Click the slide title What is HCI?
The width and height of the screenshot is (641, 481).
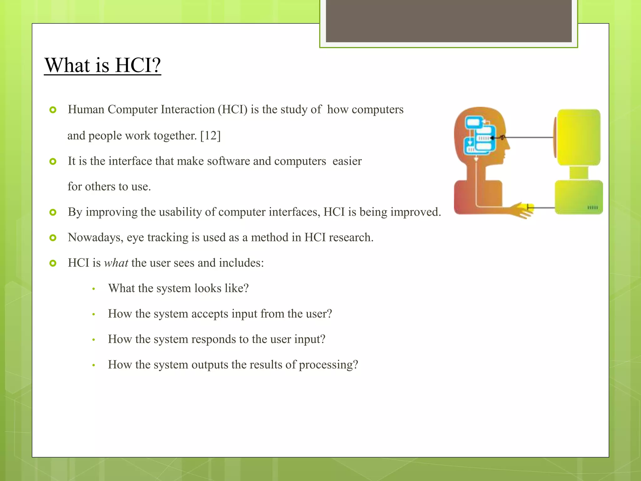tap(102, 65)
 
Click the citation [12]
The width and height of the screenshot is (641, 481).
tap(210, 136)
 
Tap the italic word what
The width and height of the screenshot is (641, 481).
tap(116, 263)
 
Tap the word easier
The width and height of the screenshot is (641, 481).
tap(347, 161)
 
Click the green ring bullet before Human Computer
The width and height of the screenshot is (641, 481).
tap(53, 110)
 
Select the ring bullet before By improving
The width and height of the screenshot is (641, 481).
tap(53, 213)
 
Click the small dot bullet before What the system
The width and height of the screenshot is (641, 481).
tap(94, 289)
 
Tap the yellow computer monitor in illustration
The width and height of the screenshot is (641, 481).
tap(578, 137)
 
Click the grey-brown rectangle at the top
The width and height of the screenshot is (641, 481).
tap(449, 21)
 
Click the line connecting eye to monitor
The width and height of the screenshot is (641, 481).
tap(529, 137)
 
